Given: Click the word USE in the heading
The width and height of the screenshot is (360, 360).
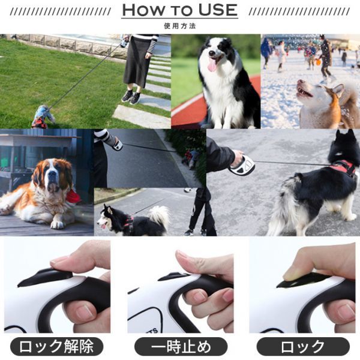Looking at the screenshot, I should coord(214,11).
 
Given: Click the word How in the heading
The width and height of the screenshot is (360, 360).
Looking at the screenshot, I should coord(143,11).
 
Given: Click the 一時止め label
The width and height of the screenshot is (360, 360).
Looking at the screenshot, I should coord(180,346).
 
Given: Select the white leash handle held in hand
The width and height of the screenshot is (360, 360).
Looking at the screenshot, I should coord(244,163).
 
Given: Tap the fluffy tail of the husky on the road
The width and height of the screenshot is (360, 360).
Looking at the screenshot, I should coord(160,217).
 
